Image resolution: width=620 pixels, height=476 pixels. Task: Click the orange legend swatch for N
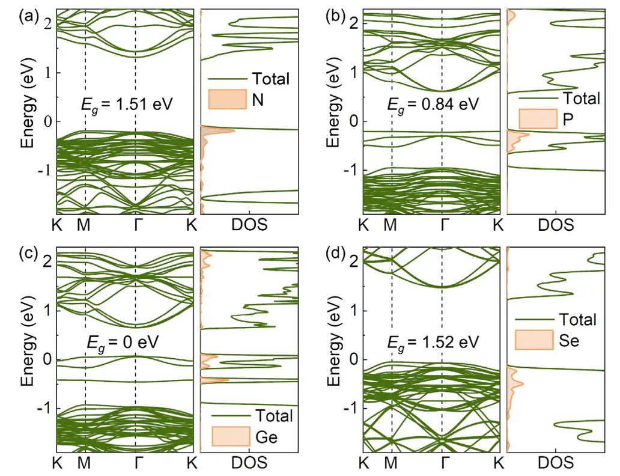228,100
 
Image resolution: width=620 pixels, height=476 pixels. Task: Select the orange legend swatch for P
536,118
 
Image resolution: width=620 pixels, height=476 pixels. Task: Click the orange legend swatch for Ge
231,437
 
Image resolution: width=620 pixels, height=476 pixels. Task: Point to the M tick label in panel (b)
391,225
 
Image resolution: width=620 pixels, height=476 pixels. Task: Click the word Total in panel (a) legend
270,79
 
